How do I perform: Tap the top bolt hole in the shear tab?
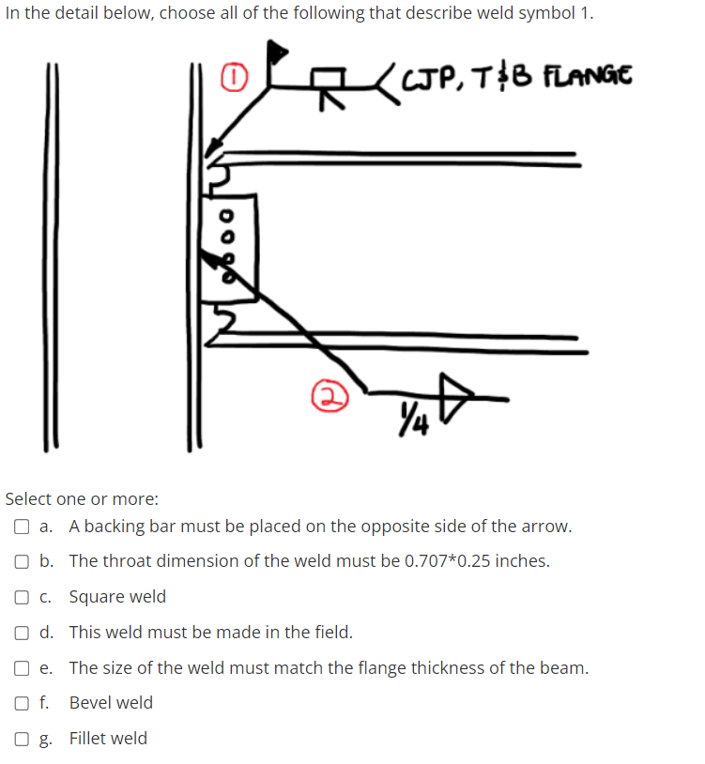224,211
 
